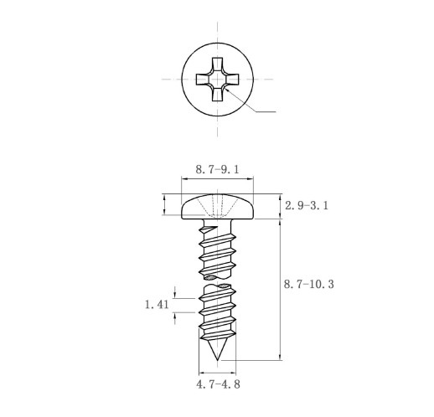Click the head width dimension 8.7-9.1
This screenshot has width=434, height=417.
pos(217,170)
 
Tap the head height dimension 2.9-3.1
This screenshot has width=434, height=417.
pos(307,206)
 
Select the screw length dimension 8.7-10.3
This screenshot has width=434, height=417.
pos(309,285)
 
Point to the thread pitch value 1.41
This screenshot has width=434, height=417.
pos(157,305)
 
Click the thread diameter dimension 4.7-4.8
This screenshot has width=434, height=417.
pos(218,384)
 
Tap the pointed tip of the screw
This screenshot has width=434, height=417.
pos(217,360)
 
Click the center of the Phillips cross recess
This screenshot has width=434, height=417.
pos(217,80)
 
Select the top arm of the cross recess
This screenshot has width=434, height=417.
pos(217,64)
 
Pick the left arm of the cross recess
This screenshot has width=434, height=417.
pos(203,80)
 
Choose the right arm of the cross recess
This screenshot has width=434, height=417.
pos(231,80)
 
